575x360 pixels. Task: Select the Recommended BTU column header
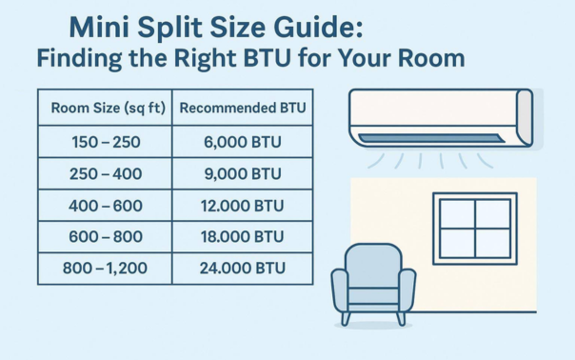(243, 109)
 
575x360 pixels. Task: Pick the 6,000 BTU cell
(243, 141)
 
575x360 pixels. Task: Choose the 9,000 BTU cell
(243, 173)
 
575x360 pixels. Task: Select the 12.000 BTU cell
(243, 205)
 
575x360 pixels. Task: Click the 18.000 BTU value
(243, 236)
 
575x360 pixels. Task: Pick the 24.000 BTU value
(243, 268)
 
